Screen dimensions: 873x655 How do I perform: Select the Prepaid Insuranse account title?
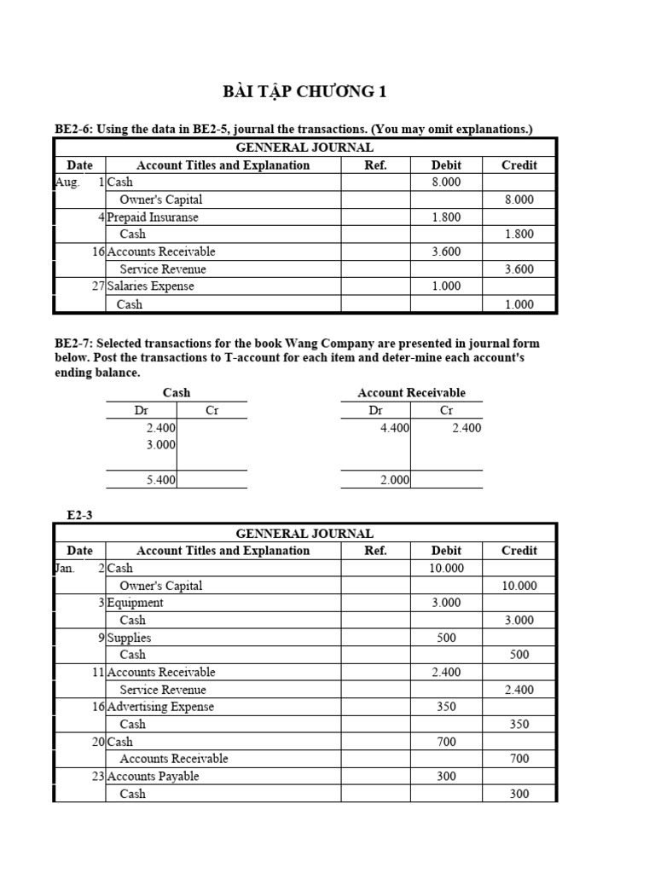[x=153, y=217]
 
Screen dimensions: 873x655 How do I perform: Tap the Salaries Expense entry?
[x=151, y=286]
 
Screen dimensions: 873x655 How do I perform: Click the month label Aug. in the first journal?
[x=67, y=182]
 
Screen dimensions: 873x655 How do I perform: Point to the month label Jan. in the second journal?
[x=66, y=568]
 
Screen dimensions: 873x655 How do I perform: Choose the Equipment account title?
[x=136, y=603]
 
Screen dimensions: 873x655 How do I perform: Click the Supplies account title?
[x=130, y=638]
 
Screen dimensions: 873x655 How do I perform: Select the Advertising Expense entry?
[x=160, y=707]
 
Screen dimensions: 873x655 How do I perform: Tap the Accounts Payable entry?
[x=154, y=777]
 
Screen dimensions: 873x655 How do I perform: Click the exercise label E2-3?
[x=80, y=514]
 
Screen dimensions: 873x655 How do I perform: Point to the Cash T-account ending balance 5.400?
[x=161, y=481]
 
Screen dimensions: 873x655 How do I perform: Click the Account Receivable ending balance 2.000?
[x=395, y=481]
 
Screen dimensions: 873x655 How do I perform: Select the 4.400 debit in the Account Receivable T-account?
[x=395, y=428]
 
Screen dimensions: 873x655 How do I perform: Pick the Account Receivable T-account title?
[x=412, y=393]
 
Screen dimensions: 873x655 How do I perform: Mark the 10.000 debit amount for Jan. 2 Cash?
[x=446, y=569]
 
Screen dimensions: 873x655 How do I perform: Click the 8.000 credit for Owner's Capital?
[x=519, y=199]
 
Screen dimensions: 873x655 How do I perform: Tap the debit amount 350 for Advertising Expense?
[x=446, y=707]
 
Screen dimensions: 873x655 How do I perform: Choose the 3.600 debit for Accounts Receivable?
[x=446, y=251]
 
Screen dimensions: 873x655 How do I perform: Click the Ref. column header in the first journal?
[x=375, y=165]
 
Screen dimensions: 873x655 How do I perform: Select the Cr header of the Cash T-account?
[x=212, y=411]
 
